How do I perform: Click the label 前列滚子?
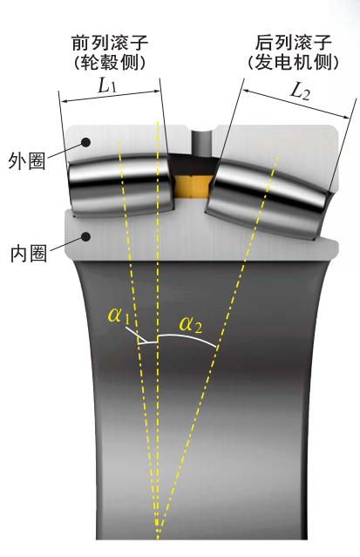tap(110, 43)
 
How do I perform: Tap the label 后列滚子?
tap(294, 43)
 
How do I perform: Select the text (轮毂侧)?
tap(110, 63)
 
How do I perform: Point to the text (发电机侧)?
tap(293, 63)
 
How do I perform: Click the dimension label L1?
tap(107, 85)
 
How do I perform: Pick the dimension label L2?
tap(301, 92)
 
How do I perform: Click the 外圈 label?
tap(27, 161)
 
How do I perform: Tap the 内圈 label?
tap(29, 254)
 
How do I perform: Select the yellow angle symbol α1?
tap(119, 316)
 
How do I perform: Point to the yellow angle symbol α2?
tap(191, 324)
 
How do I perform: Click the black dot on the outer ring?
tap(85, 142)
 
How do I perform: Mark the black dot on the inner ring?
tap(85, 236)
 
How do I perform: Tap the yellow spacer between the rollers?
tap(193, 186)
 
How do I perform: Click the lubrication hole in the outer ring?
tap(202, 142)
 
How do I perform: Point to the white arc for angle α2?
tap(187, 336)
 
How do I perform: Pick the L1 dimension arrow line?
tap(111, 96)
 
